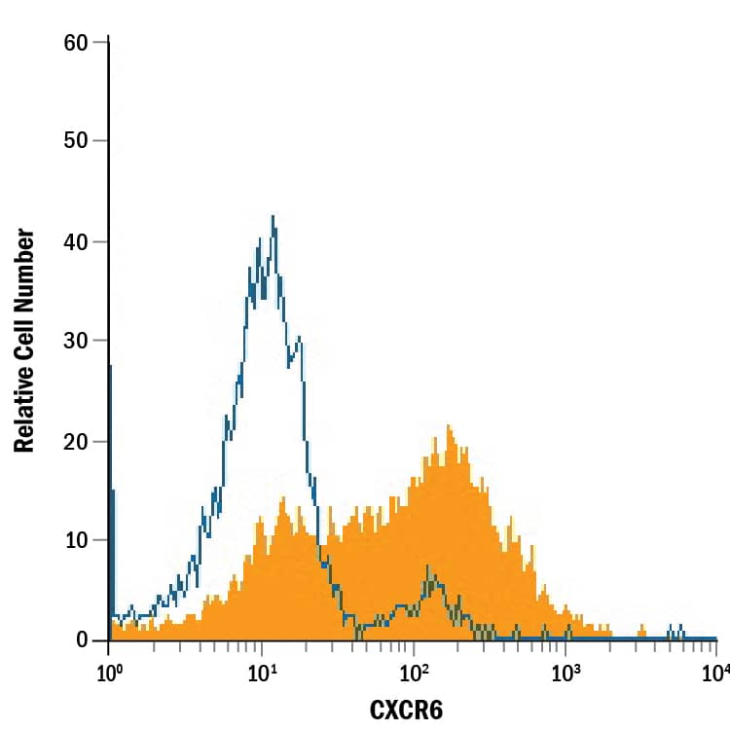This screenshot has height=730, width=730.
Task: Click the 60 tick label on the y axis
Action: [x=76, y=43]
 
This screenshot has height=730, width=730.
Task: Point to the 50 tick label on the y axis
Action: [x=76, y=140]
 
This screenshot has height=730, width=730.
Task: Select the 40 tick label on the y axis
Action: [x=76, y=242]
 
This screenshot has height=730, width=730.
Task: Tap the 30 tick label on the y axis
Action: [x=76, y=341]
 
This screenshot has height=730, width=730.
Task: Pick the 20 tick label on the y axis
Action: [x=76, y=442]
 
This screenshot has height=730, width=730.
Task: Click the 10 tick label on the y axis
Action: [x=76, y=540]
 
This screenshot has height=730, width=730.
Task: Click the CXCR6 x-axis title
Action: [x=406, y=710]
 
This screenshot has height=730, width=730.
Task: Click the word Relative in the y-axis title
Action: [x=25, y=408]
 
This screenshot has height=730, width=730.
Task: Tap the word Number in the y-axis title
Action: [x=25, y=274]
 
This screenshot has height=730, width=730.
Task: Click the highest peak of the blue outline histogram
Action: [x=274, y=217]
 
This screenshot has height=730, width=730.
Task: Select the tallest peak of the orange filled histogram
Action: [x=448, y=425]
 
